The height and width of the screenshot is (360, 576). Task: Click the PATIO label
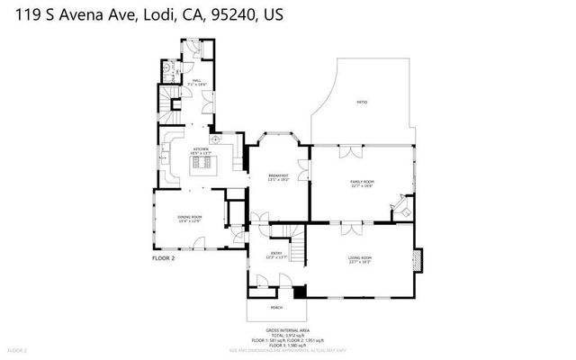point(362,103)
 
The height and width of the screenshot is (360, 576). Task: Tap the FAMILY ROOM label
point(362,184)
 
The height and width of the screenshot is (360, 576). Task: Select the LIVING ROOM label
point(360,260)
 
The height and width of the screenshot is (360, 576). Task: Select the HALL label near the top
point(194,80)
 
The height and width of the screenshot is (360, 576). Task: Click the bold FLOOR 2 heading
point(163,256)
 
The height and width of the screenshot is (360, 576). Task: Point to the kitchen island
point(202,162)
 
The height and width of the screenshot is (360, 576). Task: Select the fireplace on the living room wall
point(418,260)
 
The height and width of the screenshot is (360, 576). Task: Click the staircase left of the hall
point(169,112)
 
